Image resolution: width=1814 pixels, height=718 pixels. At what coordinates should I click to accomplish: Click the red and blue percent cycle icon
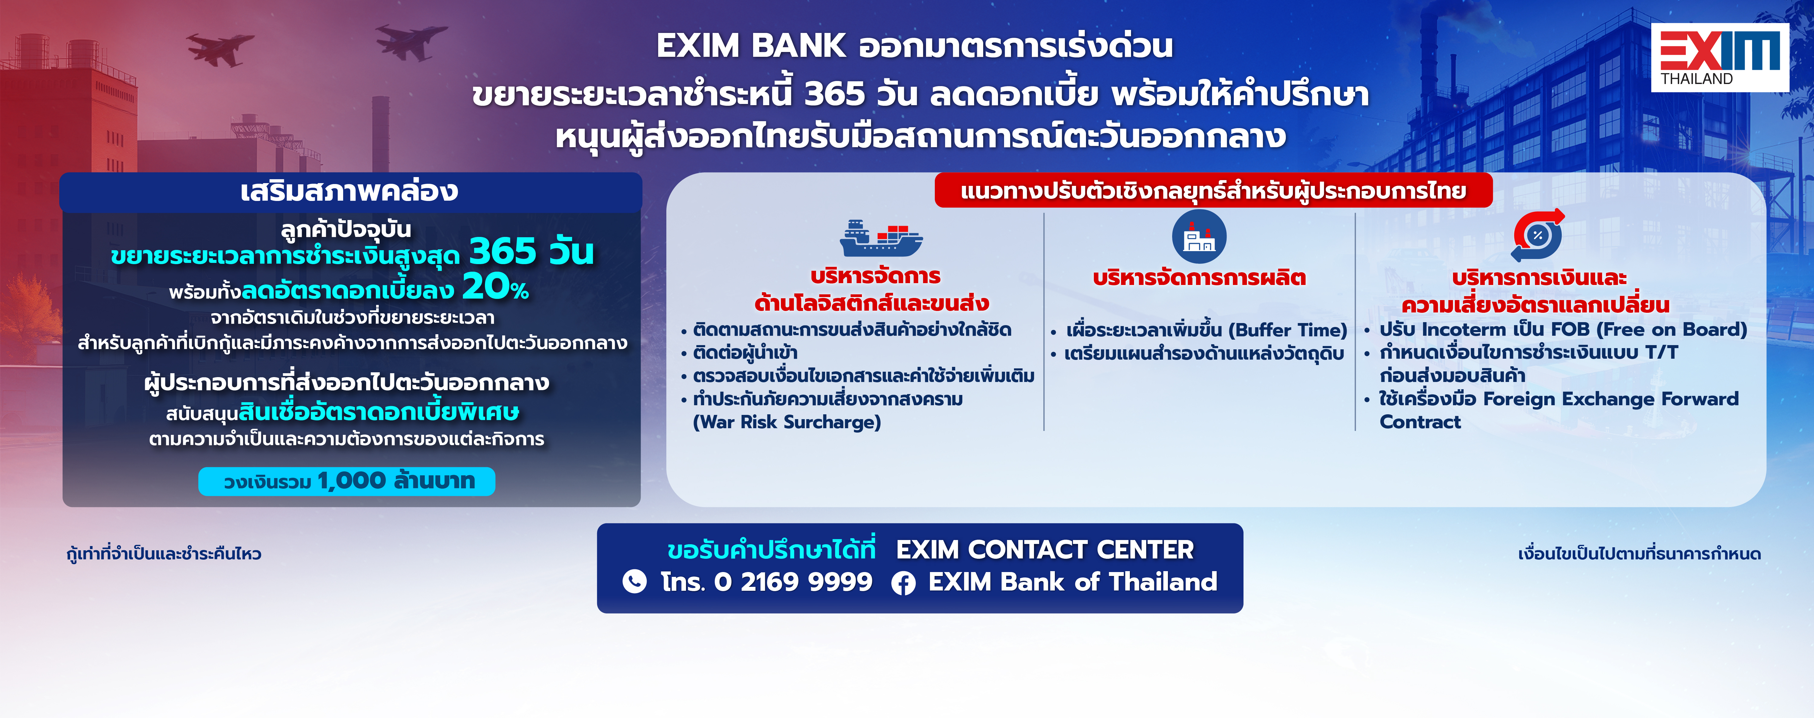1538,236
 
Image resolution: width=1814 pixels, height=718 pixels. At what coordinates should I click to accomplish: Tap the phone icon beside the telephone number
635,581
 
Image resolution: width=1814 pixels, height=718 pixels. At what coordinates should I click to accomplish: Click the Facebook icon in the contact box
903,583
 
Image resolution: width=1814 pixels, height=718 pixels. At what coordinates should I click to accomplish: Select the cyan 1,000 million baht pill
346,481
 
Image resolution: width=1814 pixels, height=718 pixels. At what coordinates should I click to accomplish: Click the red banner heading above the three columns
1213,191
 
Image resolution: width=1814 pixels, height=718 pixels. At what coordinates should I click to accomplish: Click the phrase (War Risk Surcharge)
787,422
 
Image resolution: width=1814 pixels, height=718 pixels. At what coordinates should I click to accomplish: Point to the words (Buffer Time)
1288,330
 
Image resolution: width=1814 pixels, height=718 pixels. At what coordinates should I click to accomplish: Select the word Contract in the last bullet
1420,422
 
